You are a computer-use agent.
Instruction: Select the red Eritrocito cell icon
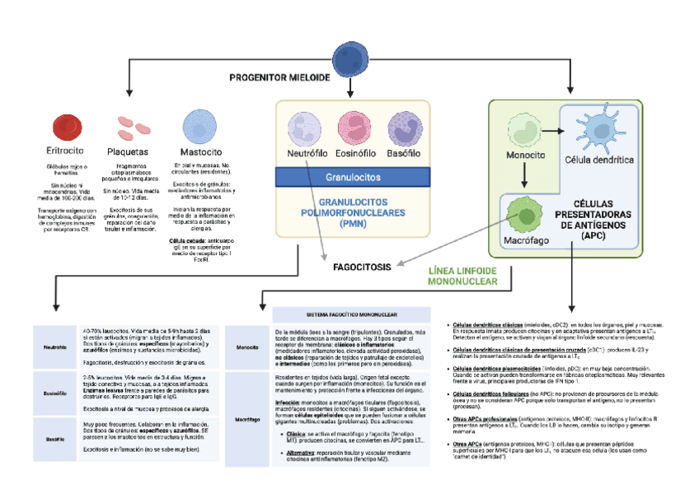[x=65, y=128]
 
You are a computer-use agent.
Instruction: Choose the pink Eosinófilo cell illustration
[x=355, y=129]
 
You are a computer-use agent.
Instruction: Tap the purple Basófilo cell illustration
[x=404, y=129]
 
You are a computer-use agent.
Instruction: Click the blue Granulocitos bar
[x=353, y=177]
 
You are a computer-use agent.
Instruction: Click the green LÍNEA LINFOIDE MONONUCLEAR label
[x=462, y=276]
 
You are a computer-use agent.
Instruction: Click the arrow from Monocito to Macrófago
[x=523, y=174]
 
